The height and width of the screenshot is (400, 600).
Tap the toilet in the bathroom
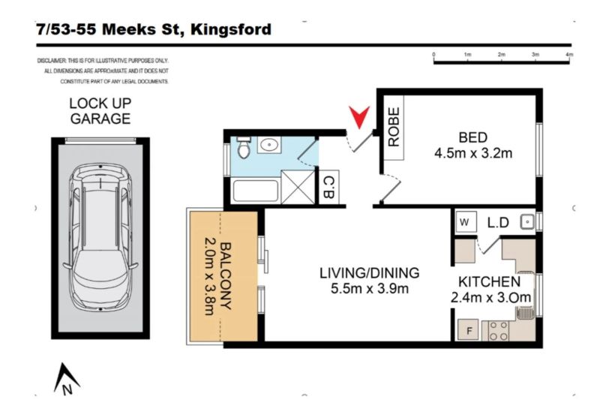tap(243, 148)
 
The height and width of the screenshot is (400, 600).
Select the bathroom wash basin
tap(269, 145)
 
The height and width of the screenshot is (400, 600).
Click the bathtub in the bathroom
tap(255, 190)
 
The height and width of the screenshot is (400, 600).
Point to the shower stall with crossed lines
tap(298, 187)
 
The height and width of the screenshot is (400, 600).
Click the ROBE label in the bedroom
tap(394, 127)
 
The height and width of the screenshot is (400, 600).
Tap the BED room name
tap(473, 137)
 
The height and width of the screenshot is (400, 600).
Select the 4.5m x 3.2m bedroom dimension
tap(473, 153)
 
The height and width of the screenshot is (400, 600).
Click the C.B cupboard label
tap(328, 187)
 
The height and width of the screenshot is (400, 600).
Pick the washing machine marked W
tap(466, 221)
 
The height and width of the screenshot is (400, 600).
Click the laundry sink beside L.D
tap(527, 221)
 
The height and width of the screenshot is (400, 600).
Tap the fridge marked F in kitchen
tap(468, 330)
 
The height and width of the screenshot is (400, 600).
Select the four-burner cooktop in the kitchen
tap(499, 331)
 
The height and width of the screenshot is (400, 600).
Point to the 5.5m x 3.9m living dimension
tap(370, 288)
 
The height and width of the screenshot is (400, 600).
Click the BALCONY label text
tap(226, 275)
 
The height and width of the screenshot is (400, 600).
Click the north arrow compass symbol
tap(66, 379)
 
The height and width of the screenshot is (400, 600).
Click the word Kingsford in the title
tap(231, 30)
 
